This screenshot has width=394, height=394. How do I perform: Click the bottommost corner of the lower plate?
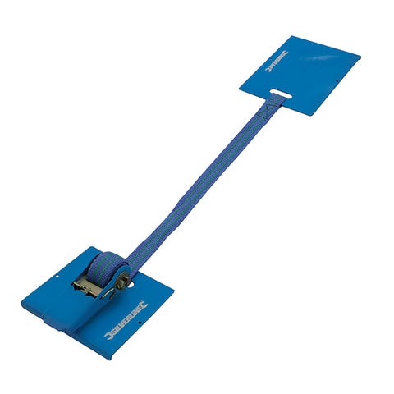110,359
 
